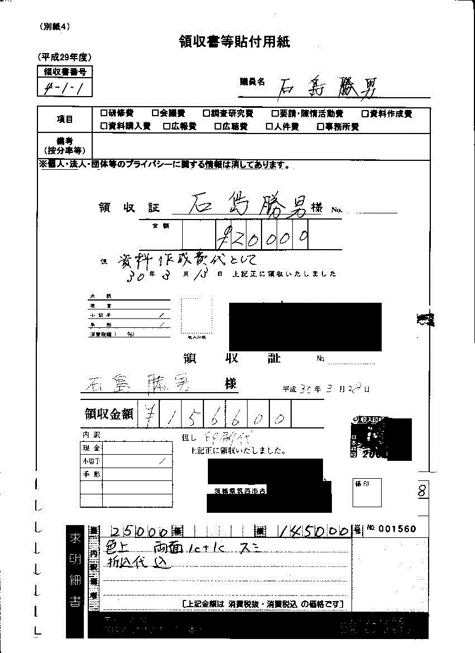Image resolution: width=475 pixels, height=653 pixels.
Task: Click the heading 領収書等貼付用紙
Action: click(234, 42)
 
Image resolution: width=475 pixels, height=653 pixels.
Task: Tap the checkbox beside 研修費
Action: click(104, 113)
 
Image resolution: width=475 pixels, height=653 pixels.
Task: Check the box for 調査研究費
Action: click(207, 113)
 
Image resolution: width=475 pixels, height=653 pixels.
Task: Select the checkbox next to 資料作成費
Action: click(365, 113)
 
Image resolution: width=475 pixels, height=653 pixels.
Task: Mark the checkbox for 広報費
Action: click(167, 126)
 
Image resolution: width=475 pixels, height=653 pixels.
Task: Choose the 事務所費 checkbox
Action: click(320, 126)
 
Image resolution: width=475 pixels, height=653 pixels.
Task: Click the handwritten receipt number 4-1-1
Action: click(63, 87)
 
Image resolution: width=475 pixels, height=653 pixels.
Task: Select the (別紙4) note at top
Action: click(55, 26)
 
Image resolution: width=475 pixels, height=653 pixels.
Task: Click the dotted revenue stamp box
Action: click(197, 316)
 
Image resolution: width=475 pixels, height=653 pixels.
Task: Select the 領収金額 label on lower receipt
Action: click(109, 414)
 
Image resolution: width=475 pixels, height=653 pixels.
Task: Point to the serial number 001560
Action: click(397, 529)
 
